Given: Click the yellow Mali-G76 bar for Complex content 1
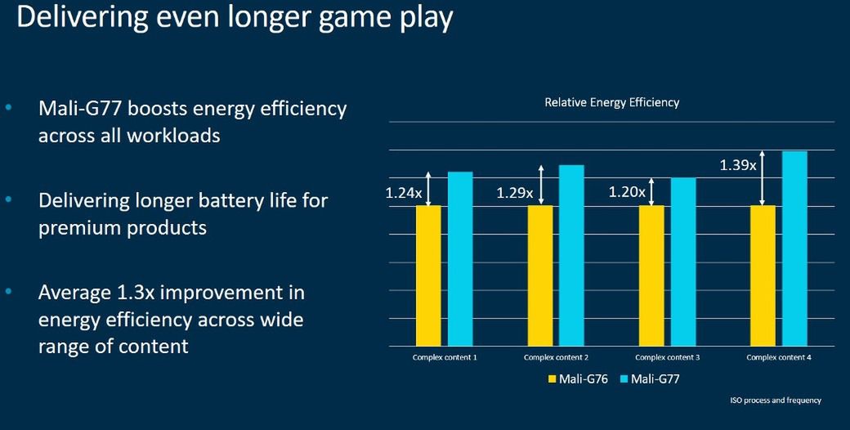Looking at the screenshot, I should (x=428, y=275).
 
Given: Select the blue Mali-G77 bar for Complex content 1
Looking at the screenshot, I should (x=460, y=259).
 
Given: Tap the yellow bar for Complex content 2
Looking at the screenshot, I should (x=539, y=275).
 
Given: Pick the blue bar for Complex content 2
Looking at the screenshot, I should (x=571, y=256).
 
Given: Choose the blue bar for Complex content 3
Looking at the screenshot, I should (x=683, y=262).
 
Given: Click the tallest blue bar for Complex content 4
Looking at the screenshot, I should (x=794, y=249).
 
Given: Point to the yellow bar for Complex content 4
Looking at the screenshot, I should (x=763, y=275).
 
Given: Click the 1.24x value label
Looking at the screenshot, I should (x=404, y=194).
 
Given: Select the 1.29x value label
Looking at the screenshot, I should (x=515, y=194).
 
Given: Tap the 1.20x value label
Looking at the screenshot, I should (x=627, y=194).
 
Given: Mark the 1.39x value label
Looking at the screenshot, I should (x=738, y=165).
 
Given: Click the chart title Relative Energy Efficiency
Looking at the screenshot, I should (x=611, y=103).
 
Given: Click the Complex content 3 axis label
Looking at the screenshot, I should (x=668, y=357).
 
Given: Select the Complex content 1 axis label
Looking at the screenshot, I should (x=445, y=357).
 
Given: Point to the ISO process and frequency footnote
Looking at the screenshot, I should (x=776, y=401).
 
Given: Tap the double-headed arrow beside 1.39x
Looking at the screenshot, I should (x=763, y=178).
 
